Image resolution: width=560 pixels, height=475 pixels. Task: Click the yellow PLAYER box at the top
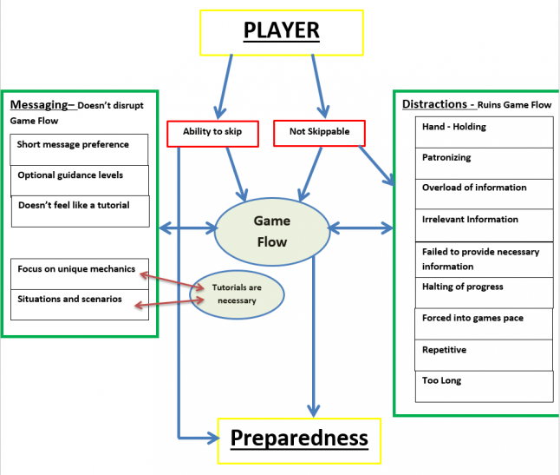pyautogui.click(x=281, y=31)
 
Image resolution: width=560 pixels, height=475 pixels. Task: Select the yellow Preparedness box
pyautogui.click(x=299, y=439)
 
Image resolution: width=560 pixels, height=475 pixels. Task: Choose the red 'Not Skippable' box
pyautogui.click(x=318, y=132)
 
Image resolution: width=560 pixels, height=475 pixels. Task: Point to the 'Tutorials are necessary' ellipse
pyautogui.click(x=236, y=294)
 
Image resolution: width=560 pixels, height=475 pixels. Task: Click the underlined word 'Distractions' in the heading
pyautogui.click(x=434, y=104)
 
